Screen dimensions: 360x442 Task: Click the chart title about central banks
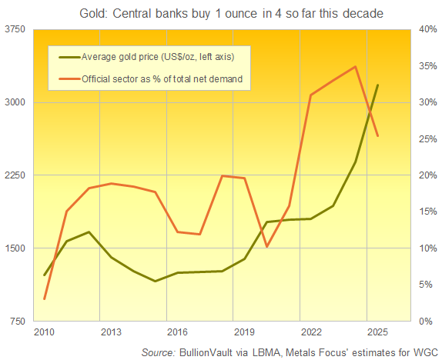220,13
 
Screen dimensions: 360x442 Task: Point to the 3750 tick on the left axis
15,29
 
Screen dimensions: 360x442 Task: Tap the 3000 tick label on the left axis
15,102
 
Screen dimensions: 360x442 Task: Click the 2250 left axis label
15,175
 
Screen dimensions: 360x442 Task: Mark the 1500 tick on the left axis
15,248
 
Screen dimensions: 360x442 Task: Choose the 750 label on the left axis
17,321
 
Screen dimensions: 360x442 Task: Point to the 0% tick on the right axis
425,321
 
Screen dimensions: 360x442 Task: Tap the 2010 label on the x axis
44,332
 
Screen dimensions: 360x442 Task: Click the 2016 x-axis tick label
177,332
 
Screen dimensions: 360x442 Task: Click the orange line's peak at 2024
355,66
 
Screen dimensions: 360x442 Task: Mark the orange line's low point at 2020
266,246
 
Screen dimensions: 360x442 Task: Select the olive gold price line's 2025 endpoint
377,85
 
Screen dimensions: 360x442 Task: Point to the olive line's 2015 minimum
156,282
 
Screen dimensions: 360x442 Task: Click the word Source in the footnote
160,352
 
